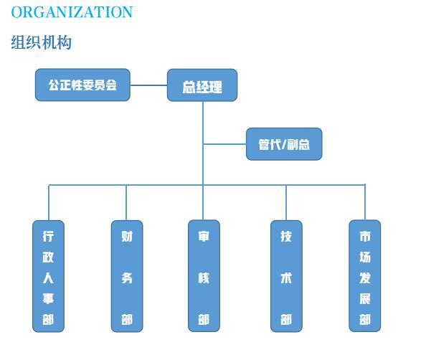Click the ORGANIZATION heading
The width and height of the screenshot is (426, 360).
(x=72, y=12)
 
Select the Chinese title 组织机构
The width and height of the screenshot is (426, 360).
(x=42, y=42)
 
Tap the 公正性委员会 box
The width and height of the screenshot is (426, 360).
(x=82, y=85)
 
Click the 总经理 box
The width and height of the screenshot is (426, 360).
(x=202, y=85)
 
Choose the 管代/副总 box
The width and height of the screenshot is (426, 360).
(x=284, y=144)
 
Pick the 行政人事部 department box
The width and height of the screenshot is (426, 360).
(x=48, y=276)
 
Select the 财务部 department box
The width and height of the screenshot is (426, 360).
(x=127, y=276)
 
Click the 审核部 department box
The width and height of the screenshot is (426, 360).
(x=204, y=276)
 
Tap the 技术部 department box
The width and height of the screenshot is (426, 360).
(x=286, y=276)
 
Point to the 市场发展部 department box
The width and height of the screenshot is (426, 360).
(x=365, y=276)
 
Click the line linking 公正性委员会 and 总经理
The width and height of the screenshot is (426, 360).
(x=148, y=85)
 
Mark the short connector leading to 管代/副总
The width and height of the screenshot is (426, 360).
(x=224, y=144)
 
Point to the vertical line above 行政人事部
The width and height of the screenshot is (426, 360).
(x=49, y=202)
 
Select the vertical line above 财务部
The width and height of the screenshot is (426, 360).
(x=126, y=202)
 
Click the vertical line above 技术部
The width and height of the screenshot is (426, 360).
(x=286, y=202)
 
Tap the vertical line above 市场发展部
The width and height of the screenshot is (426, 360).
(x=365, y=202)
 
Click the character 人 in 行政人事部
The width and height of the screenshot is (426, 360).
(x=48, y=278)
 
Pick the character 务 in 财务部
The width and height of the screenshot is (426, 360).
(x=127, y=278)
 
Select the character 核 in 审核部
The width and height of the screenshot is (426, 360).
(x=204, y=278)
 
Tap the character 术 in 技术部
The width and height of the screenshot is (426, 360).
(x=286, y=278)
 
